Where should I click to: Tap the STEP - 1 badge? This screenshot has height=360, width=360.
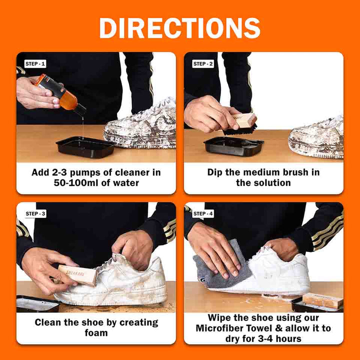point(35,64)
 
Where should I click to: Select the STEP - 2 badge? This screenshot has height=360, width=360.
point(203,64)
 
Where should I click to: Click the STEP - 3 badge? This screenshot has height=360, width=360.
point(35,213)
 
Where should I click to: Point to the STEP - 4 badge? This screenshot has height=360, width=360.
point(203,213)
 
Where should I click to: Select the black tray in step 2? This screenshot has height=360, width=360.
point(233,145)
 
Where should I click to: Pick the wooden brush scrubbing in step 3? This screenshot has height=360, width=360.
point(77,274)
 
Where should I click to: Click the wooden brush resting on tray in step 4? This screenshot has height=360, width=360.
point(322,300)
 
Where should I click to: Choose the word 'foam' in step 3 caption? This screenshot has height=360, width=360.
point(96,333)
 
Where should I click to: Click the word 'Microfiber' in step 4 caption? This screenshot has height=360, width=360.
point(222,328)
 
